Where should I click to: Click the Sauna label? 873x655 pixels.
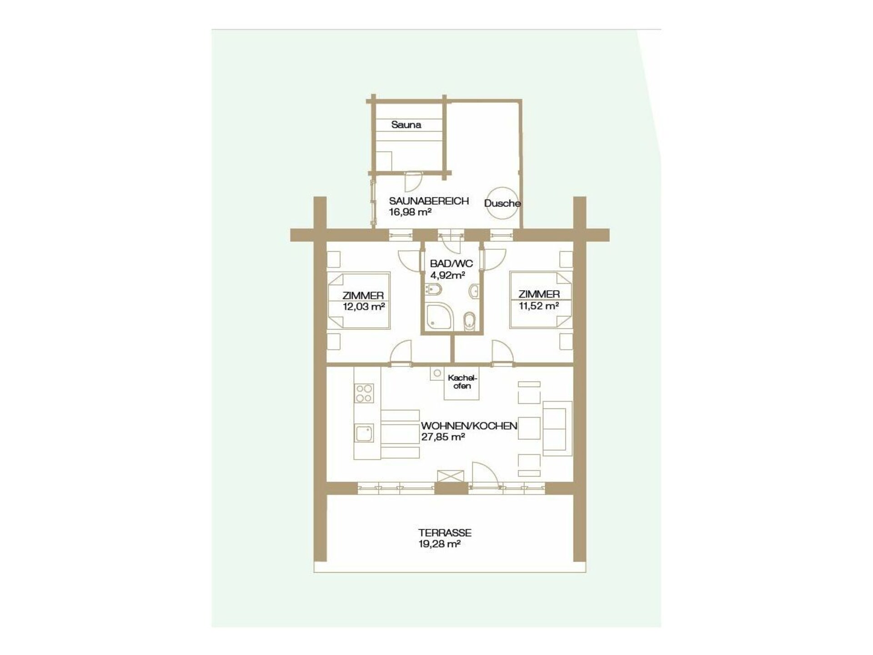pyautogui.click(x=406, y=125)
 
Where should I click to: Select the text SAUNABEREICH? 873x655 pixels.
pyautogui.click(x=429, y=201)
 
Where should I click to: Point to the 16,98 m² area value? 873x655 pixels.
pyautogui.click(x=410, y=212)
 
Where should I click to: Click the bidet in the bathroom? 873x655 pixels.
pyautogui.click(x=432, y=290)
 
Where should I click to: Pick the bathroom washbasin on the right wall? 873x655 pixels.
pyautogui.click(x=474, y=290)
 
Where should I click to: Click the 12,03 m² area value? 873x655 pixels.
pyautogui.click(x=364, y=307)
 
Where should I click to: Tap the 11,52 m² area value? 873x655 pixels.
pyautogui.click(x=539, y=306)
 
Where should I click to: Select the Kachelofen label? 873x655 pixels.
pyautogui.click(x=462, y=382)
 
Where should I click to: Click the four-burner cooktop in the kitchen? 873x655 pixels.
pyautogui.click(x=364, y=393)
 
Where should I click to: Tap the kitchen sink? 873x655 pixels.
pyautogui.click(x=364, y=433)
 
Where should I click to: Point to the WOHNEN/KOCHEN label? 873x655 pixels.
pyautogui.click(x=469, y=426)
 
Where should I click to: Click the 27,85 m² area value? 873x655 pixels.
pyautogui.click(x=443, y=437)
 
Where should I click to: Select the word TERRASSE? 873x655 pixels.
pyautogui.click(x=445, y=533)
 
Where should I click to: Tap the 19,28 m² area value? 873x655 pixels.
pyautogui.click(x=440, y=544)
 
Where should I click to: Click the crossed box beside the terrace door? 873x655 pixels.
pyautogui.click(x=451, y=476)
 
